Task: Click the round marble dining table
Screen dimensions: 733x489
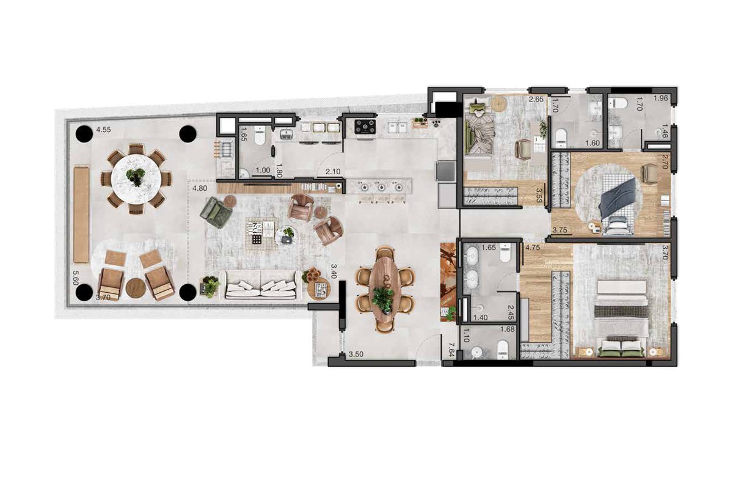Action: tap(136, 178)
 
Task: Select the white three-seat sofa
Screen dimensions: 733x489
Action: tap(261, 285)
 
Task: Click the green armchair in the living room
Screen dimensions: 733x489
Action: tap(216, 213)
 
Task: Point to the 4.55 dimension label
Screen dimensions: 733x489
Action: tap(103, 130)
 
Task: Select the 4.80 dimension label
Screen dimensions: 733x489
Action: tap(200, 188)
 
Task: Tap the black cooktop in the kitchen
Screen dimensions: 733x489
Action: tap(366, 126)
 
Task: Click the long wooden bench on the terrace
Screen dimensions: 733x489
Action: tap(81, 215)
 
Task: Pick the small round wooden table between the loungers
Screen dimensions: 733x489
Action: tap(136, 288)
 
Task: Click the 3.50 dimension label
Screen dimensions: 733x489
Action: tap(356, 355)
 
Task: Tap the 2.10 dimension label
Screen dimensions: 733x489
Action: tap(333, 171)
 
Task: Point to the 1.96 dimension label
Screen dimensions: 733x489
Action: tap(661, 98)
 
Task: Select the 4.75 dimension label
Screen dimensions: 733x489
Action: tap(533, 248)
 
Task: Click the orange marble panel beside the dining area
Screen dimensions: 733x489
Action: tap(448, 282)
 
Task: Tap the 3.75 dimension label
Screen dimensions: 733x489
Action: tap(560, 230)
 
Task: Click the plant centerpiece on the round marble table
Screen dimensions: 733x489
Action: tap(136, 177)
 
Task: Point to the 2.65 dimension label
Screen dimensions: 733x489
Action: tap(536, 99)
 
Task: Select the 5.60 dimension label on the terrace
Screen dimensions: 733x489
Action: tap(76, 278)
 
